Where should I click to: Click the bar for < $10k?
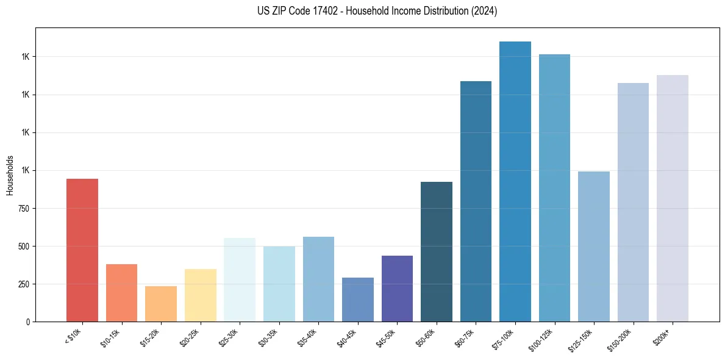[x=82, y=250]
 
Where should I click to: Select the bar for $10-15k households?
[x=121, y=293]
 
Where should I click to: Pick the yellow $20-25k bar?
[x=200, y=295]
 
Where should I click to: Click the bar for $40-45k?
[x=357, y=300]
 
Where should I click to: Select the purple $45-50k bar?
[x=397, y=289]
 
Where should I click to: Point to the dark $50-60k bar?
[x=436, y=251]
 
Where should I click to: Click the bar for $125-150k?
[x=593, y=247]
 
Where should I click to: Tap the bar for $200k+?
[x=672, y=198]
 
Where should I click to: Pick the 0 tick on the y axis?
[x=27, y=322]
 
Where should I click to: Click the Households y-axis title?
[x=10, y=175]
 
